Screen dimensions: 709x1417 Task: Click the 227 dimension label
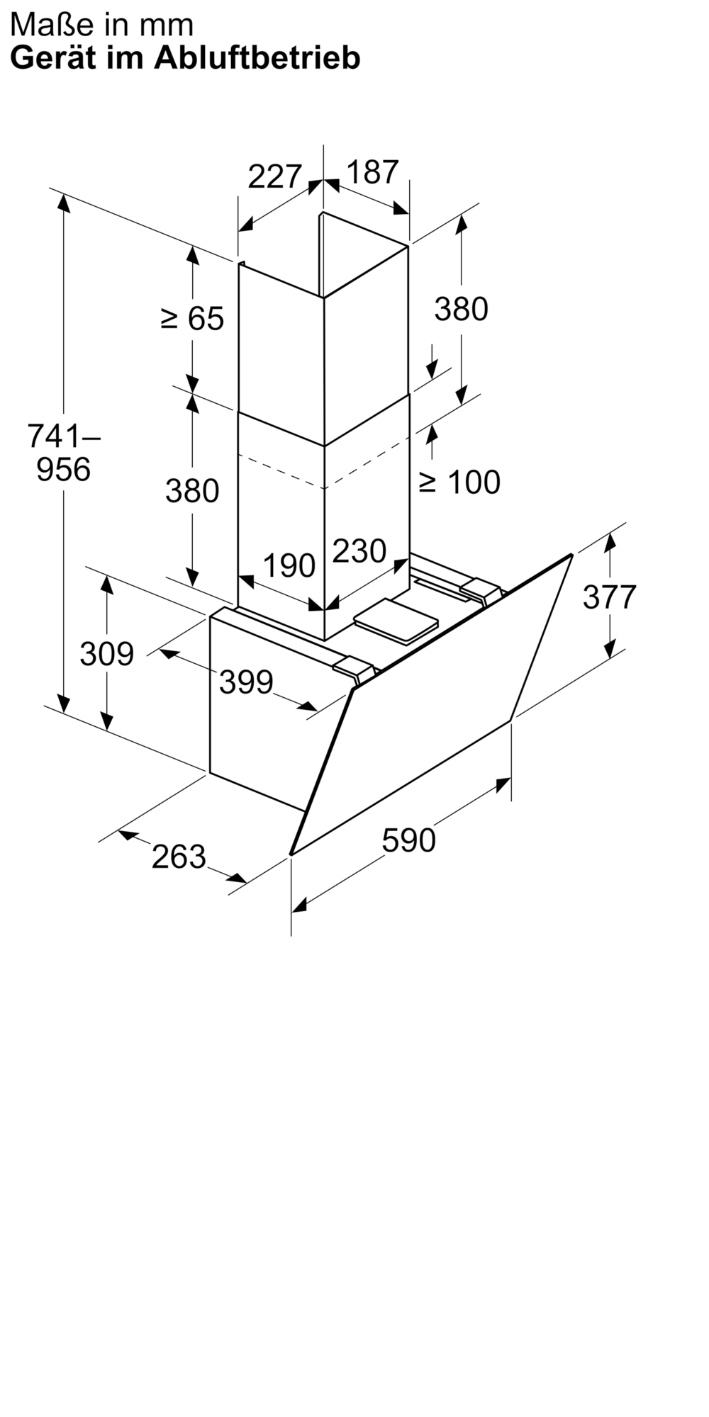pos(275,176)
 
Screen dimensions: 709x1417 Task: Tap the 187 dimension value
pos(373,172)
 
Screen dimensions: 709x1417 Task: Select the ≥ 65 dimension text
pos(192,319)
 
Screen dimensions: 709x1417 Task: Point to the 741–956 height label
pos(64,452)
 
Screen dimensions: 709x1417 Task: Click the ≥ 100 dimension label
pos(459,482)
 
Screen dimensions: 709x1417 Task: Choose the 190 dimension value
pos(289,565)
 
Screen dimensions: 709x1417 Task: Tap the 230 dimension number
pos(359,551)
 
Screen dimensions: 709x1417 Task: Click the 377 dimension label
pos(610,597)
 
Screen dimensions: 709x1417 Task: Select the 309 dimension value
pos(106,653)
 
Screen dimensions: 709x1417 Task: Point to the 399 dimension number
pos(246,682)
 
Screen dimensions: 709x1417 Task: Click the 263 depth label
pos(179,857)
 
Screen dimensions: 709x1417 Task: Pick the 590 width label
pos(408,840)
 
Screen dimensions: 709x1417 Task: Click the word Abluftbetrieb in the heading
pos(257,57)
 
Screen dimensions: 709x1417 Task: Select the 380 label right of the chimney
pos(462,309)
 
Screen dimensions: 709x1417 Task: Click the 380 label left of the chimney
pos(192,490)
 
